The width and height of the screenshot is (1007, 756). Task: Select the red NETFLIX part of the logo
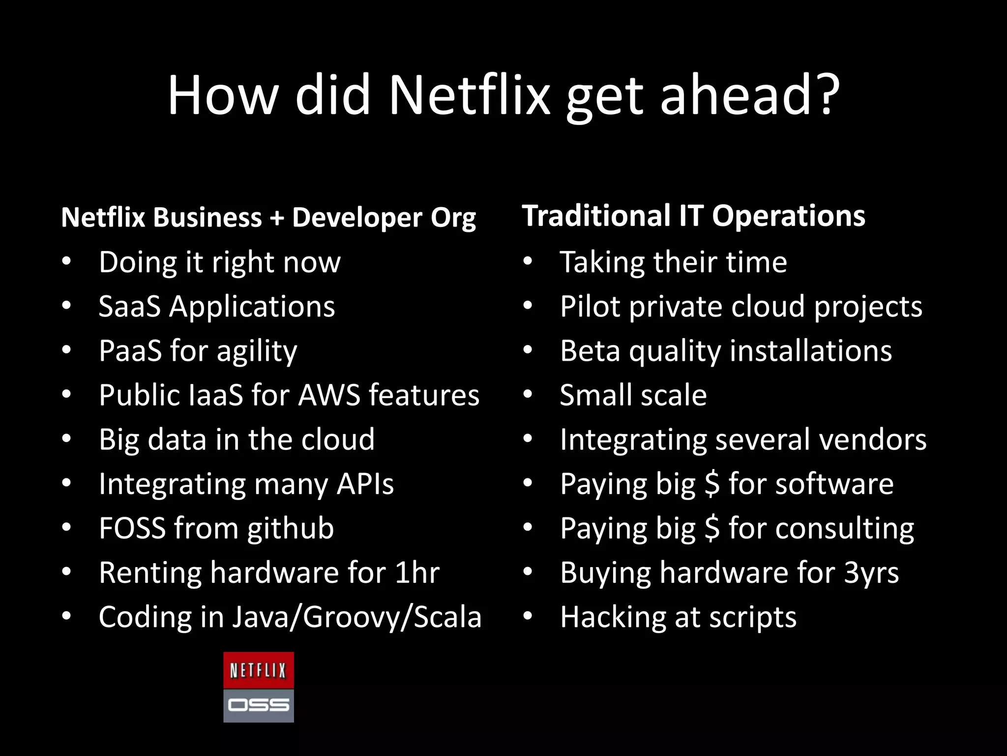click(x=258, y=670)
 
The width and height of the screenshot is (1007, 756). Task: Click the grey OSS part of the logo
click(x=258, y=705)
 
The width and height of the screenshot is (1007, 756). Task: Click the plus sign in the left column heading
click(x=277, y=218)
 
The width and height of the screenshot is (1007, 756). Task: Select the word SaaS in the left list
click(x=129, y=306)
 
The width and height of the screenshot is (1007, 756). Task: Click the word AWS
click(x=329, y=395)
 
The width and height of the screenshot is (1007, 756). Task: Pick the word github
click(x=291, y=529)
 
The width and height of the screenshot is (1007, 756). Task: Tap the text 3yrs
click(x=871, y=572)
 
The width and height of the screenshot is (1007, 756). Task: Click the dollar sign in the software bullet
click(x=711, y=484)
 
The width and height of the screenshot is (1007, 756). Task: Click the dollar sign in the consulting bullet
click(x=711, y=528)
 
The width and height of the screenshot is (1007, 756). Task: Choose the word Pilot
click(x=590, y=306)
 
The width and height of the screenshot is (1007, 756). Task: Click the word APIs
click(x=365, y=484)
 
